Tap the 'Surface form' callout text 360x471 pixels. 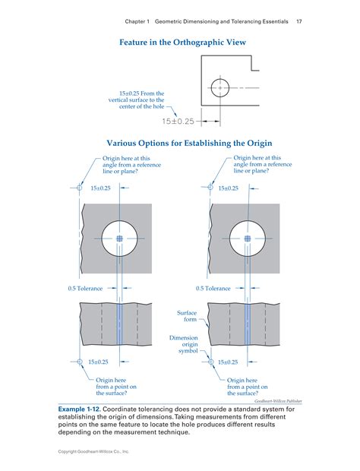click(x=187, y=315)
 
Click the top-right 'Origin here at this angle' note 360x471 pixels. click(x=262, y=165)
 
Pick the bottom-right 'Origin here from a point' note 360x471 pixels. click(x=247, y=387)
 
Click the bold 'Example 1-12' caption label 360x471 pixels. click(x=80, y=409)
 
